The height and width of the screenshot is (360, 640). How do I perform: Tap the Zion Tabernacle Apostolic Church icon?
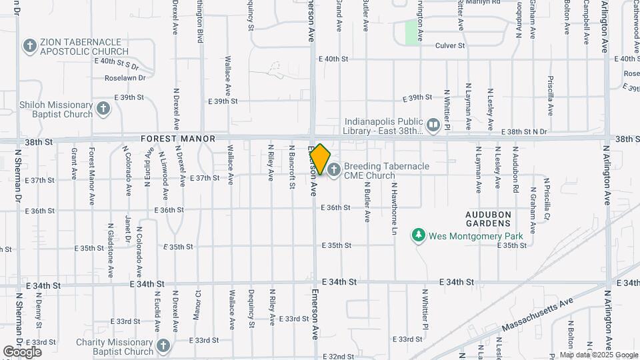pos(29,46)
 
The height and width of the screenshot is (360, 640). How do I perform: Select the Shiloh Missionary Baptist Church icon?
pos(103,109)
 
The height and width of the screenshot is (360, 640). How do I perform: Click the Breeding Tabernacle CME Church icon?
pos(333,171)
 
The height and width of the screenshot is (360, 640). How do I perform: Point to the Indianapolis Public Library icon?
pos(433,125)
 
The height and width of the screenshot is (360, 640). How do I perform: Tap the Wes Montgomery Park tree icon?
pos(418,235)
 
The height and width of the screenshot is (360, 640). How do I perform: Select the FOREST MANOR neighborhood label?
pos(178,139)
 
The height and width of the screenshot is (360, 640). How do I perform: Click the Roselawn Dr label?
pos(125,77)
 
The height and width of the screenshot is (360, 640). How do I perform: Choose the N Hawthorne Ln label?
pos(394,209)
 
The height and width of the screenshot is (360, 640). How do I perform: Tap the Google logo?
pos(22,351)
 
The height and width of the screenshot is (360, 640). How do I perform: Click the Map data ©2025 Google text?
pos(597,355)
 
